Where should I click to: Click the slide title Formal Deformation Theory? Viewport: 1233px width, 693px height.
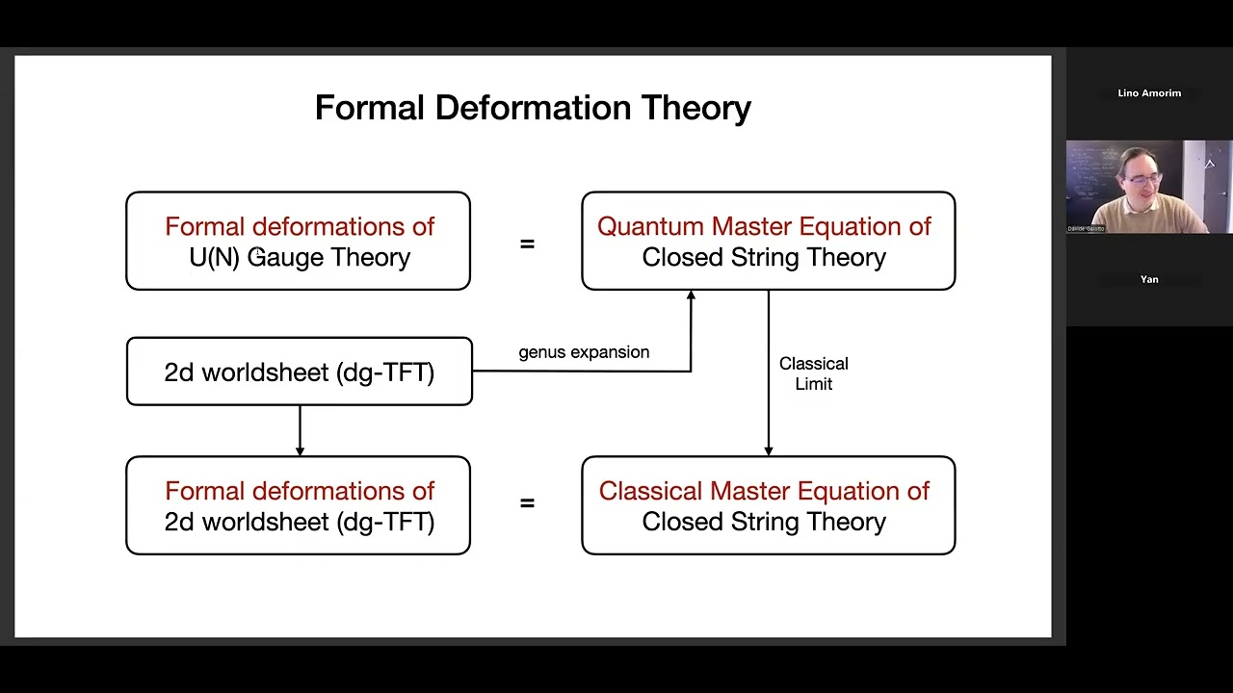(533, 107)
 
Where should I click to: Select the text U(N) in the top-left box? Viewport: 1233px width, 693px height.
(214, 257)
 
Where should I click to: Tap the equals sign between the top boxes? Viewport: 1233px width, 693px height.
(527, 244)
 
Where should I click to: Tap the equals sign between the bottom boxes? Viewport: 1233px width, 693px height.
(527, 502)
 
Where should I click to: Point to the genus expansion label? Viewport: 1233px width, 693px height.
(584, 352)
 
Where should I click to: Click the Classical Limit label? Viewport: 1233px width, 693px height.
(813, 373)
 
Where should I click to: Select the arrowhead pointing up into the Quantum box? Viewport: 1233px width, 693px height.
(691, 296)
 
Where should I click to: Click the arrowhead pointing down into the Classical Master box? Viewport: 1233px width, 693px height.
(768, 449)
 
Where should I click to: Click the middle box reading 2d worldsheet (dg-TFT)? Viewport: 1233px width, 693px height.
(300, 372)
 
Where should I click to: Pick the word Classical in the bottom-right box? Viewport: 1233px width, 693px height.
(651, 491)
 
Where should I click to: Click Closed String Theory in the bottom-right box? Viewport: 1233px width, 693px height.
(764, 522)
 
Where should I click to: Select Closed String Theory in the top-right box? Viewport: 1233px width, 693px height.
(764, 257)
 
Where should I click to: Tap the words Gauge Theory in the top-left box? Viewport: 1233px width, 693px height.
(328, 257)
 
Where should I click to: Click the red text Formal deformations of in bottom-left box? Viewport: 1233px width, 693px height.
(300, 491)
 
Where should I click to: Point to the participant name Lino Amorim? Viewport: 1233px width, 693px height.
(1149, 93)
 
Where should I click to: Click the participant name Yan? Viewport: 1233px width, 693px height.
(1149, 279)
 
